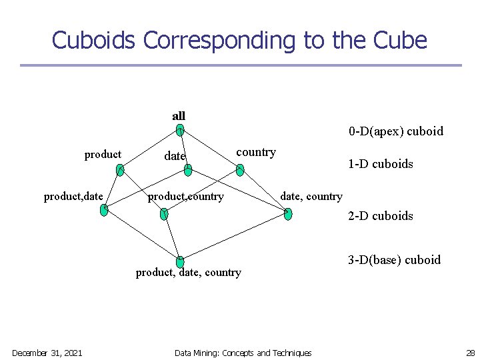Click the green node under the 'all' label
[180, 131]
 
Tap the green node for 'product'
[119, 171]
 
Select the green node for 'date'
[188, 171]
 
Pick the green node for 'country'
[240, 171]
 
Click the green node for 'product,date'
[103, 210]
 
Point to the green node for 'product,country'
[164, 213]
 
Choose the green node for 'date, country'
[288, 213]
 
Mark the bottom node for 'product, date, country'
[180, 262]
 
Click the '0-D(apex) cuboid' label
[395, 131]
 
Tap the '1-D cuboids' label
[380, 164]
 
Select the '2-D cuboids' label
[380, 216]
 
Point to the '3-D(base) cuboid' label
[394, 260]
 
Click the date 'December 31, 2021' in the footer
[47, 353]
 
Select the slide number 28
[469, 353]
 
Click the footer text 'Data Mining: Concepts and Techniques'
[243, 353]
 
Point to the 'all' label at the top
[179, 116]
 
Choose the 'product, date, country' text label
[188, 273]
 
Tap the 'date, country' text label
[311, 197]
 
